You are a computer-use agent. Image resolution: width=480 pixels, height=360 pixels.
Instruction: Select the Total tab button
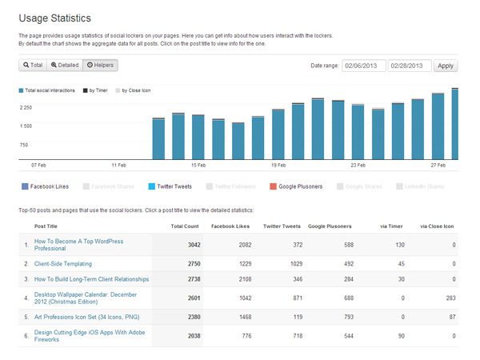[x=33, y=65]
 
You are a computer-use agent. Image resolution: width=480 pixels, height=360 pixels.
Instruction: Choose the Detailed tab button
[x=64, y=65]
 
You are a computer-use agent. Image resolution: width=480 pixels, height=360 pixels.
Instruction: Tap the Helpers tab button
[x=100, y=65]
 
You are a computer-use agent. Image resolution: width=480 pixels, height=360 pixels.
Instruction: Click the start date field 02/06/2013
[x=363, y=66]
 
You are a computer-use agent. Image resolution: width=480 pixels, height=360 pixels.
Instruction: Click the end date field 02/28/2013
[x=410, y=66]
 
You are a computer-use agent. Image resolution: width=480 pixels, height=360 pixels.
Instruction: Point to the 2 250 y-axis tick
[x=26, y=107]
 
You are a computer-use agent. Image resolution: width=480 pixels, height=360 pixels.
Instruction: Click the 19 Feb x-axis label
[x=278, y=166]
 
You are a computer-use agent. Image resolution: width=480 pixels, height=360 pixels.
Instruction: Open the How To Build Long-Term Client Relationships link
[x=91, y=279]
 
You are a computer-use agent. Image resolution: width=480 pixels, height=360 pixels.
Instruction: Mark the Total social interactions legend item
[x=48, y=91]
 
